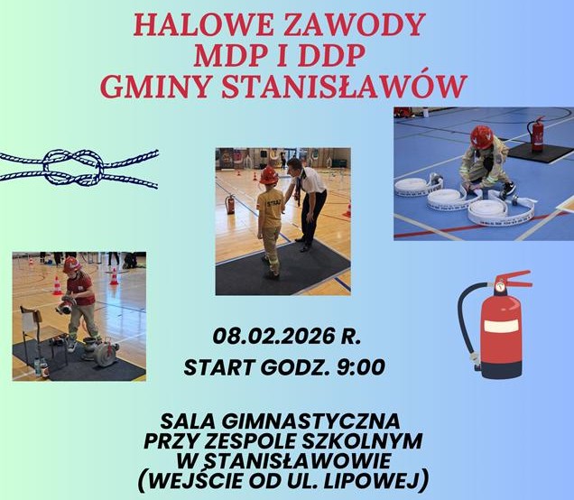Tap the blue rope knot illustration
pyautogui.click(x=79, y=168)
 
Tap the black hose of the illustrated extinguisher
pyautogui.click(x=466, y=329)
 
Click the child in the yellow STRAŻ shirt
pyautogui.click(x=270, y=217)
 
